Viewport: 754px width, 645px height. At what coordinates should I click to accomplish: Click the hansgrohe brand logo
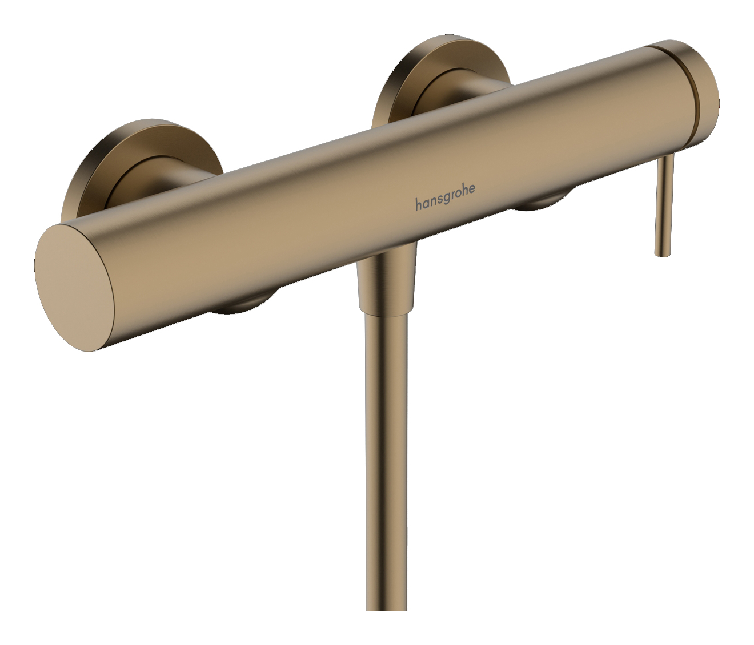click(x=444, y=199)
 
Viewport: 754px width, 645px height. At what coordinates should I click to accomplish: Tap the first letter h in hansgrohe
click(x=419, y=204)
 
